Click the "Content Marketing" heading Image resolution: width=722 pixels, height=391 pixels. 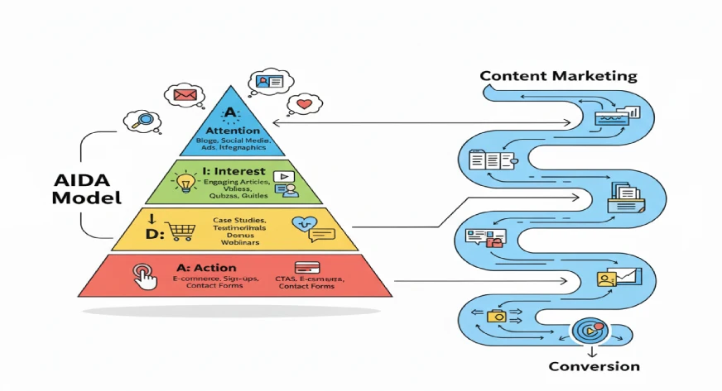tap(558, 76)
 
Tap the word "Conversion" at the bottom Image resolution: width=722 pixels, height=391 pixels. tap(594, 366)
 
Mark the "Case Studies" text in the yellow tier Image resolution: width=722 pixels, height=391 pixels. tap(241, 220)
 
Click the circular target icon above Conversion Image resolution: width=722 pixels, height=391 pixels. tap(586, 331)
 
